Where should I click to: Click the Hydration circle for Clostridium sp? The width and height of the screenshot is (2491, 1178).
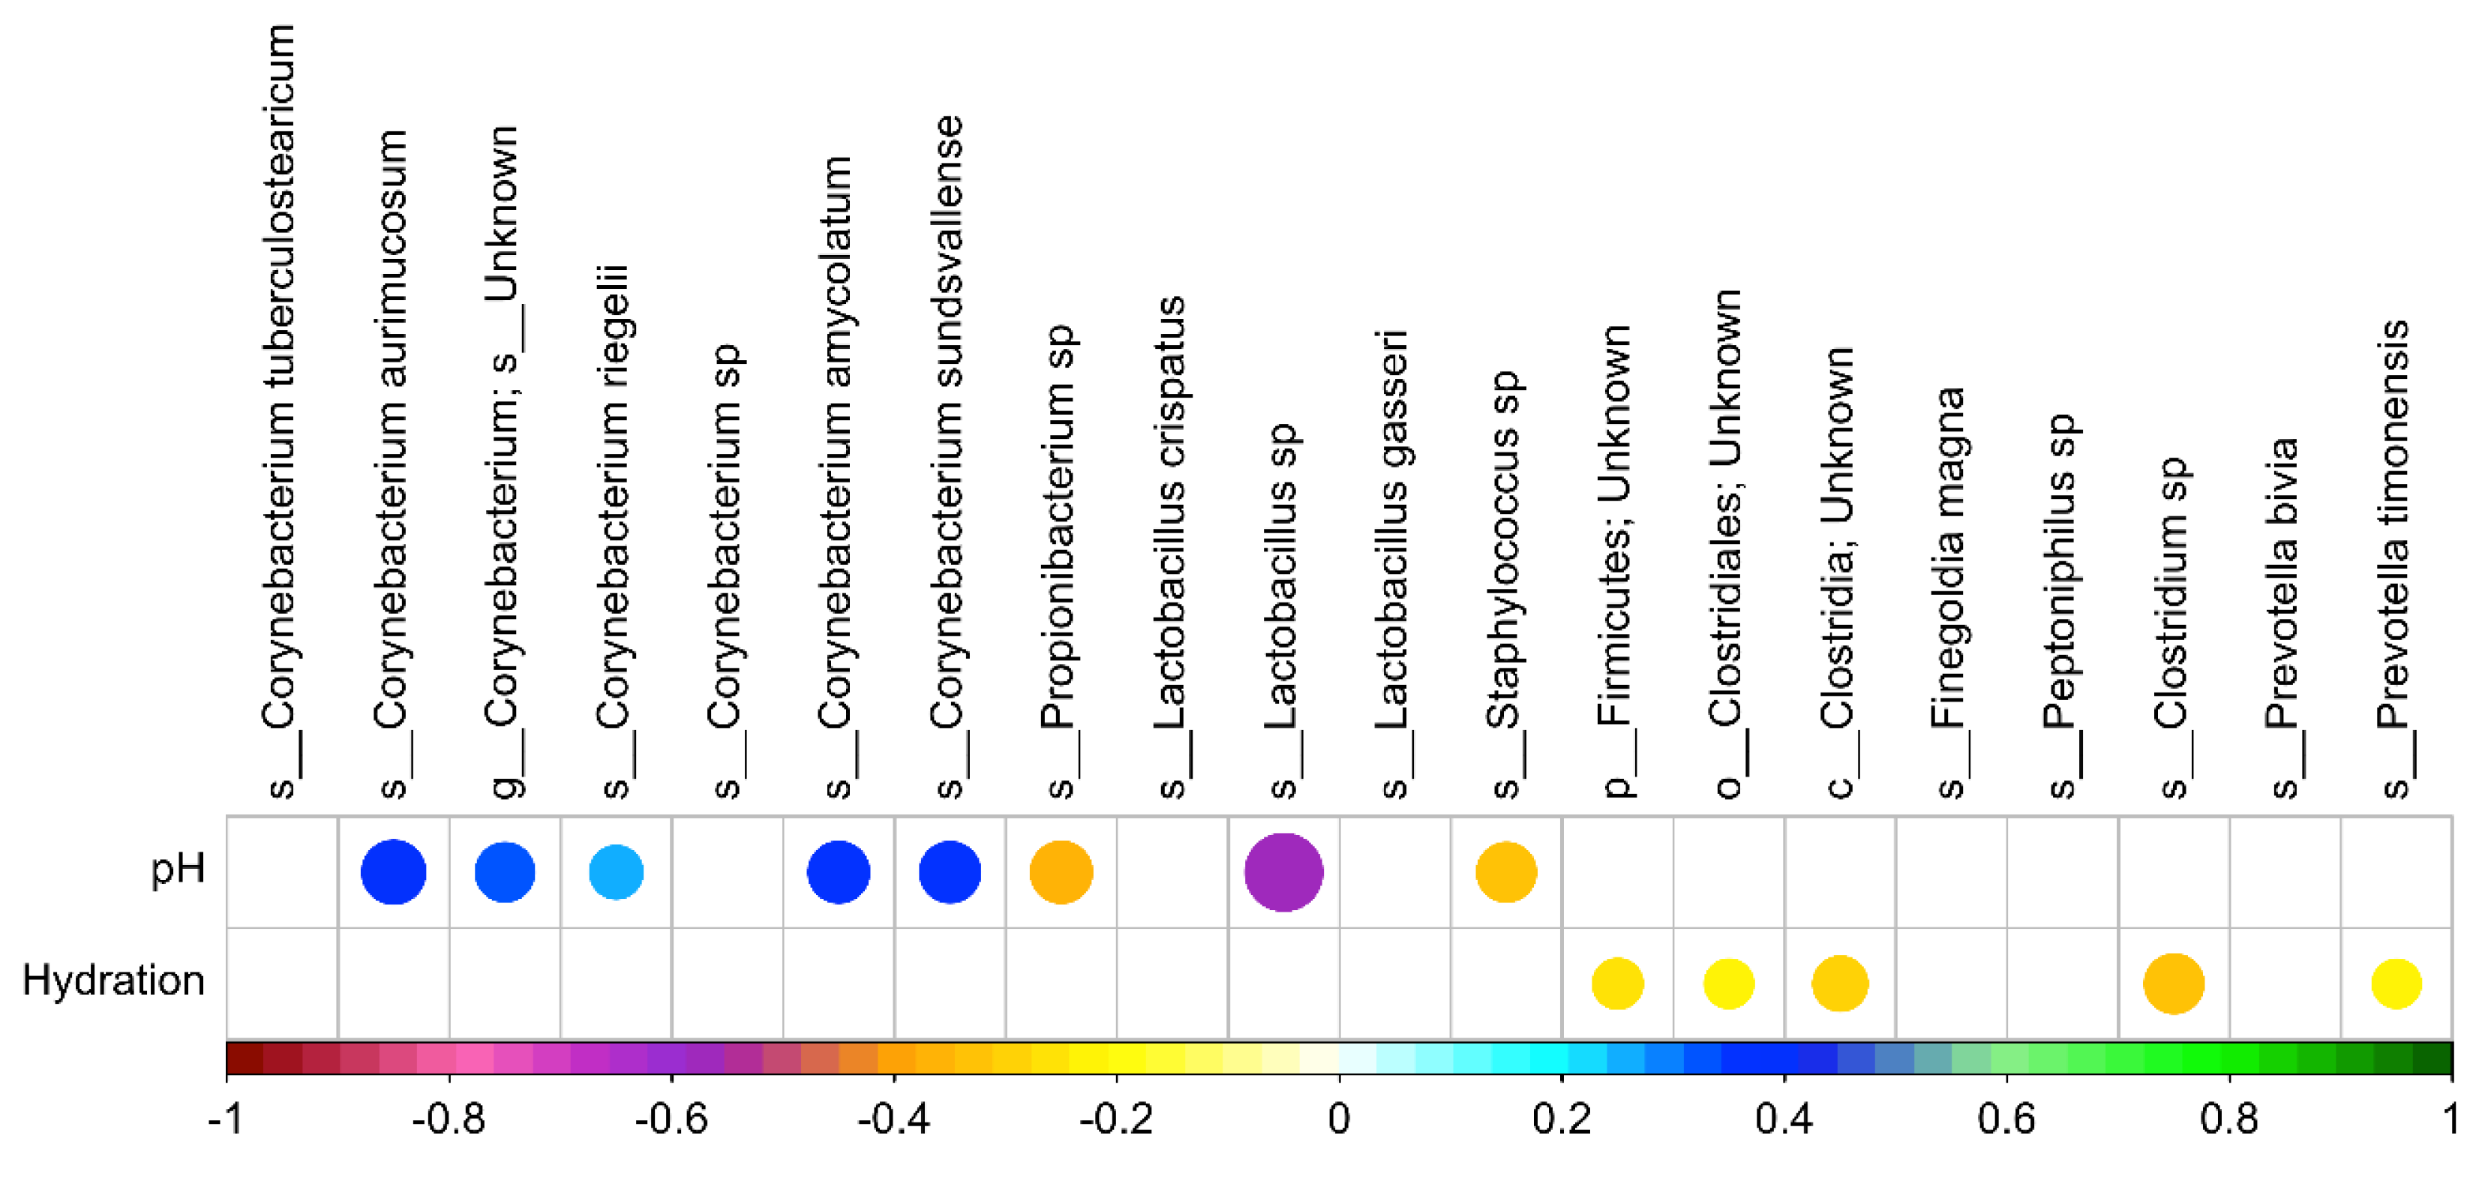(x=2173, y=984)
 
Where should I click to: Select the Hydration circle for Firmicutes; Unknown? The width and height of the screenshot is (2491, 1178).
(x=1617, y=984)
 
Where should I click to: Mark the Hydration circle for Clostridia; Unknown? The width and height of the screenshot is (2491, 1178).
(x=1839, y=984)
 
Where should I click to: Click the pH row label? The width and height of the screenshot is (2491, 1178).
(x=178, y=869)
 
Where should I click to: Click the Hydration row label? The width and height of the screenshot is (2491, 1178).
(x=113, y=981)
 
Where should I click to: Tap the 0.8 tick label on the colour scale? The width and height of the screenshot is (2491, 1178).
(x=2229, y=1119)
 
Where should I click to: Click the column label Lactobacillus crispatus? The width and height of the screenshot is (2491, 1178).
(x=1171, y=542)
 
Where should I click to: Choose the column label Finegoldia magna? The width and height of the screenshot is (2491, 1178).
(x=1949, y=590)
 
